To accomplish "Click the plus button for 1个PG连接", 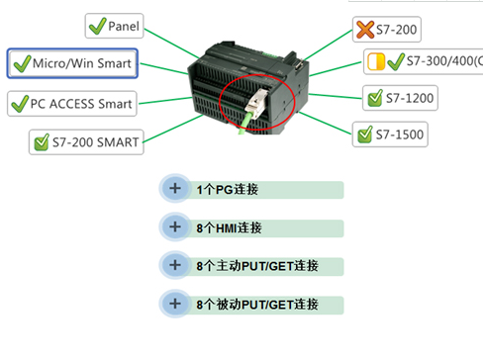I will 175,188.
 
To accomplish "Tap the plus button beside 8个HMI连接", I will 175,226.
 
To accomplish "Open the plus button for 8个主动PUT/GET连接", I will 175,265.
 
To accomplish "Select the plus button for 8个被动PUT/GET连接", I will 175,303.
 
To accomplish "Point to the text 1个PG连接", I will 227,189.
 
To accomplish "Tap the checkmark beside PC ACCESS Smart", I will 20,103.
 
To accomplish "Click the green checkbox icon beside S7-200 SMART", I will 42,142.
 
